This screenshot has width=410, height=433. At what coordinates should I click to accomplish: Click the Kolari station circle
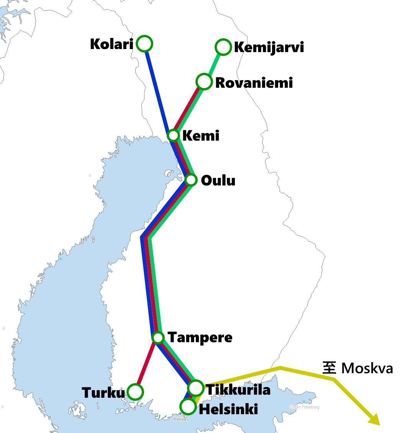point(144,44)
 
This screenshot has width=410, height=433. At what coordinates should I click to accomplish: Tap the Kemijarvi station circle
point(223,47)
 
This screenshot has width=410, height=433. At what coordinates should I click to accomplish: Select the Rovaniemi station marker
point(204,82)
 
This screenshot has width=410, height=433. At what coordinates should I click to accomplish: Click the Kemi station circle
point(174,135)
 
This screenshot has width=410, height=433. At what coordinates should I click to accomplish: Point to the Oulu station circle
point(191,180)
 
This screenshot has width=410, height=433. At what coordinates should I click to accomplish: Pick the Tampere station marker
point(158,338)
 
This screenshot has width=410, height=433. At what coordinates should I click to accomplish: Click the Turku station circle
point(135,392)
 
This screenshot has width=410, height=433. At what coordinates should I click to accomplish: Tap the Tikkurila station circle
point(196,388)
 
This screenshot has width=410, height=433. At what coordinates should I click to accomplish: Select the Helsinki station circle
point(188,406)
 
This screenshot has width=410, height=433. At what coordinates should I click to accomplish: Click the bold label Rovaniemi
point(254,83)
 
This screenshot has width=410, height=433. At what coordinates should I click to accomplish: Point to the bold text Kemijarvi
point(269,48)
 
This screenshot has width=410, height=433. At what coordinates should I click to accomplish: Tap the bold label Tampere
point(200,338)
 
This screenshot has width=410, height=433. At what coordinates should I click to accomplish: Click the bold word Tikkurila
point(238,390)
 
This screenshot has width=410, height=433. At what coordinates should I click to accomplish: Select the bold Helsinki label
point(228,409)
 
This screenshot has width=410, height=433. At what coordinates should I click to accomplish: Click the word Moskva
point(367,368)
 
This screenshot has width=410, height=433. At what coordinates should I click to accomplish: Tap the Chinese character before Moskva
point(329,368)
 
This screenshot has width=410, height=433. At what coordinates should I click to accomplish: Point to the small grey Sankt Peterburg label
point(304,407)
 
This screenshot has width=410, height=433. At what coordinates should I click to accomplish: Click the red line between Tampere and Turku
point(146,366)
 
